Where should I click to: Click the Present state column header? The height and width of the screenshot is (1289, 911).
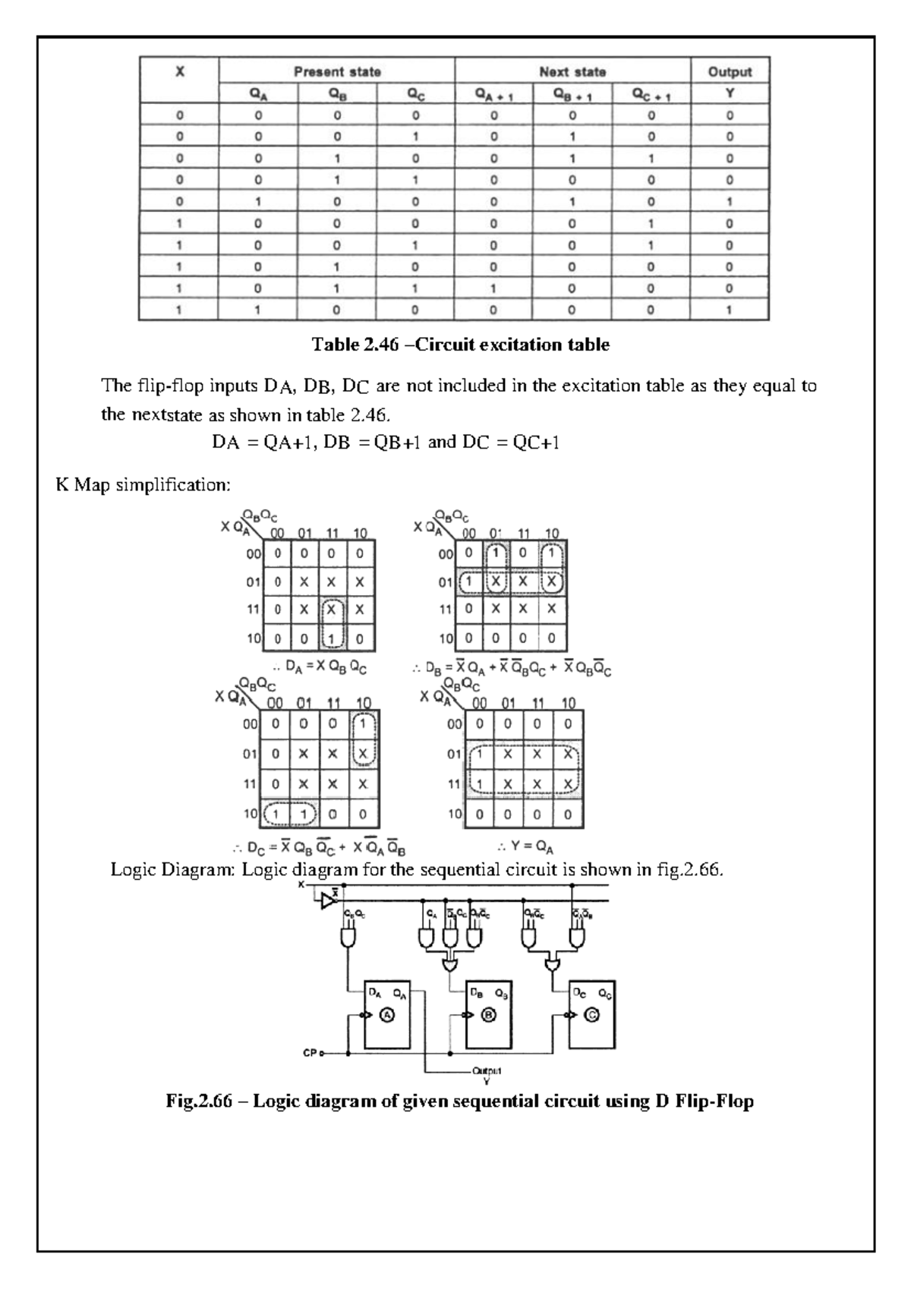(x=337, y=72)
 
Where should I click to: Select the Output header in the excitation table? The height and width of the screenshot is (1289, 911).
(x=729, y=72)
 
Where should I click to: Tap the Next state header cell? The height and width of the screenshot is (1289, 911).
(x=572, y=72)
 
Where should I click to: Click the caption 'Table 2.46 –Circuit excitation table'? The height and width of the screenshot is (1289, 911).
(x=461, y=345)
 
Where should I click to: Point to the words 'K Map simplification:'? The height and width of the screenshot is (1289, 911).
(x=143, y=484)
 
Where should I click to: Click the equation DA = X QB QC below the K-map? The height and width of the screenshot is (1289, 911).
(x=321, y=669)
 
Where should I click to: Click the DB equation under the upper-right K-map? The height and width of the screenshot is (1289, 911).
(x=510, y=669)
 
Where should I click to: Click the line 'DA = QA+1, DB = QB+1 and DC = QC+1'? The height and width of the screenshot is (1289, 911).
(x=386, y=443)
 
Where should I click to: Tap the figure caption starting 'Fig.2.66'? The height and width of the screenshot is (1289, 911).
(x=459, y=1101)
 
